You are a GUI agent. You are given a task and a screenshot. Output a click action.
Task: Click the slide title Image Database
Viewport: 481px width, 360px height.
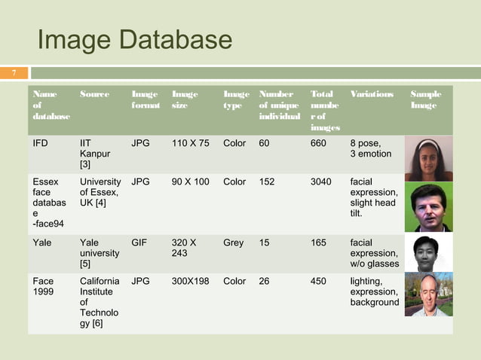[135, 41]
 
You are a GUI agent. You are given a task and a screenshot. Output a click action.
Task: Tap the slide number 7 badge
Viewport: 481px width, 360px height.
[13, 73]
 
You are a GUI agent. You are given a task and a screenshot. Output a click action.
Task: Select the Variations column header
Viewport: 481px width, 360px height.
[372, 95]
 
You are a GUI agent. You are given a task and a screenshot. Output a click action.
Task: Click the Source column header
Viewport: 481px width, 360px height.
[95, 95]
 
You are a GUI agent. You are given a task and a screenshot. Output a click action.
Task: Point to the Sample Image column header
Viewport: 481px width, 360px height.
[426, 100]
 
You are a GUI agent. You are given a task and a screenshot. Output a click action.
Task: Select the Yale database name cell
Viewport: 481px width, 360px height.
[42, 243]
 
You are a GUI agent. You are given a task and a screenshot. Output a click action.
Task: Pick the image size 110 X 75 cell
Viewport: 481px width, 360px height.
[191, 142]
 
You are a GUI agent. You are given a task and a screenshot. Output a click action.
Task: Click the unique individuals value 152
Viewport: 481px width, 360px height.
[267, 182]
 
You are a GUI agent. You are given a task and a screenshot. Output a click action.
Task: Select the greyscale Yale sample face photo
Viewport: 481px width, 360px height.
[428, 253]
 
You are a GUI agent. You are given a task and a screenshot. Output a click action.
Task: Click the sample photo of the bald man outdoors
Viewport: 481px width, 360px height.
[428, 294]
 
